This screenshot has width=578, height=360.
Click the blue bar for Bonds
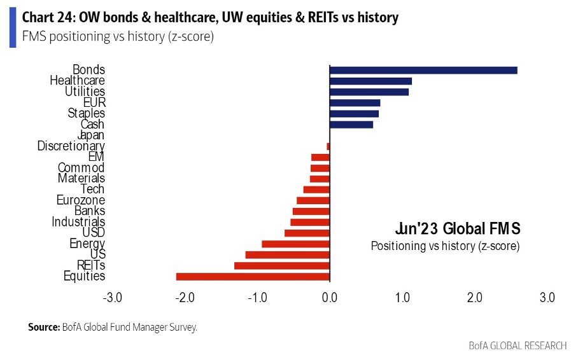pyautogui.click(x=423, y=70)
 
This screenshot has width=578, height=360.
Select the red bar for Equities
pyautogui.click(x=253, y=276)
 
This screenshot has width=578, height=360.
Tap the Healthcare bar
pyautogui.click(x=370, y=81)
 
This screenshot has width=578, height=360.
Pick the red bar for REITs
pyautogui.click(x=282, y=265)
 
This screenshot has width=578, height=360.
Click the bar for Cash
pyautogui.click(x=351, y=125)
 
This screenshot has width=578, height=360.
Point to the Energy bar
pyautogui.click(x=295, y=244)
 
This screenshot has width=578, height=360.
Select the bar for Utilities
pyautogui.click(x=369, y=92)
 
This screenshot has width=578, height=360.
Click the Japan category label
pyautogui.click(x=90, y=135)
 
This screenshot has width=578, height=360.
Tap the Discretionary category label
pyautogui.click(x=71, y=146)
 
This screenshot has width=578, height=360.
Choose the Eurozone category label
pyautogui.click(x=81, y=200)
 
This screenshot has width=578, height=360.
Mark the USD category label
pyautogui.click(x=94, y=233)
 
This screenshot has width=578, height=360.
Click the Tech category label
pyautogui.click(x=92, y=190)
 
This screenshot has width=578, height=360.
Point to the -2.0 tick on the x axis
pyautogui.click(x=185, y=298)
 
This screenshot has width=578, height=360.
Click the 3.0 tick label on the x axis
pyautogui.click(x=547, y=298)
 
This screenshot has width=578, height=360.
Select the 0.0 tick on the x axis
pyautogui.click(x=330, y=298)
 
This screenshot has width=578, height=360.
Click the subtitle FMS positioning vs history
pyautogui.click(x=118, y=36)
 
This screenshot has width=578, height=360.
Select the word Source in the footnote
pyautogui.click(x=43, y=328)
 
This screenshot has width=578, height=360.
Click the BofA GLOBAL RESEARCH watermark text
pyautogui.click(x=518, y=345)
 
